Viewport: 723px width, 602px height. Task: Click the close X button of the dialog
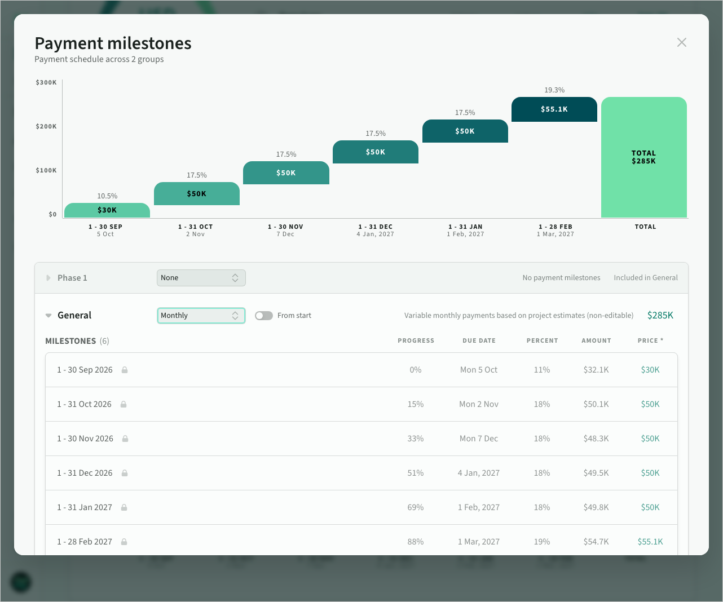point(681,43)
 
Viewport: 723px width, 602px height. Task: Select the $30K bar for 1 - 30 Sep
point(107,210)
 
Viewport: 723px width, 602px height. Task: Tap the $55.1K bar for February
point(554,109)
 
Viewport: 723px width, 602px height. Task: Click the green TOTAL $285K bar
point(643,157)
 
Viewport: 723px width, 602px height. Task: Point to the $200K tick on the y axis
point(46,126)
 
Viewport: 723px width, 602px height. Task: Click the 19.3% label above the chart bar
point(554,90)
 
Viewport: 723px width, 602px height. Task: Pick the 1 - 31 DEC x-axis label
point(376,227)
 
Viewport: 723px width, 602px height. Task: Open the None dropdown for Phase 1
point(201,278)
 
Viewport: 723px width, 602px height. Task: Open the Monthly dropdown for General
point(201,315)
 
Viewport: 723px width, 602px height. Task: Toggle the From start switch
point(264,316)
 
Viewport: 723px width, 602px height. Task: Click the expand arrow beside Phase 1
point(49,278)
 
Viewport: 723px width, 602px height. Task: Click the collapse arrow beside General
point(49,315)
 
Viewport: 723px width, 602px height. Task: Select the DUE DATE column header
point(479,340)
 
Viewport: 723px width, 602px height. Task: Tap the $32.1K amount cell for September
point(596,370)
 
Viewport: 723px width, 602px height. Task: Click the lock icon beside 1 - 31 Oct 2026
point(124,404)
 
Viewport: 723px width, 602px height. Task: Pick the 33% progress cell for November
point(416,439)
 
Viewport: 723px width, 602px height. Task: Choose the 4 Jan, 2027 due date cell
point(479,473)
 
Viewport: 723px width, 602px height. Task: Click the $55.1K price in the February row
point(650,542)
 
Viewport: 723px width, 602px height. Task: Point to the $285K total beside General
point(660,315)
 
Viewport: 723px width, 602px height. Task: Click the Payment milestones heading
point(113,43)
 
